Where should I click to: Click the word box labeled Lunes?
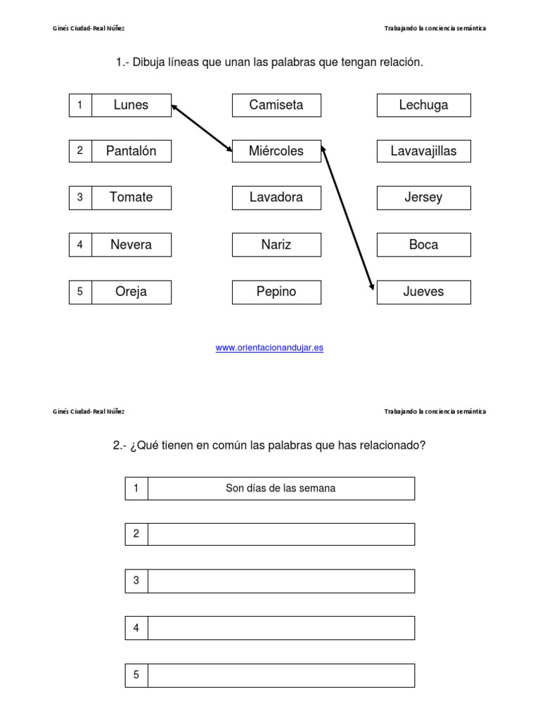pyautogui.click(x=131, y=105)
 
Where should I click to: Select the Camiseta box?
pyautogui.click(x=276, y=105)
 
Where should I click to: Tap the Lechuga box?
pyautogui.click(x=423, y=105)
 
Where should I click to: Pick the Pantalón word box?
pyautogui.click(x=131, y=151)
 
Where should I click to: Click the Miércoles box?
pyautogui.click(x=276, y=151)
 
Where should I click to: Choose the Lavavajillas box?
pyautogui.click(x=423, y=151)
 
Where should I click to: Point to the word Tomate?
pyautogui.click(x=131, y=198)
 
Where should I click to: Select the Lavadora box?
pyautogui.click(x=276, y=198)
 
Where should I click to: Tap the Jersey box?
pyautogui.click(x=423, y=198)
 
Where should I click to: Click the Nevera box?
pyautogui.click(x=131, y=245)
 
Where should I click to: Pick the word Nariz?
pyautogui.click(x=276, y=245)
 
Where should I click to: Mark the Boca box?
pyautogui.click(x=423, y=245)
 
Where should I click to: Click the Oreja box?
pyautogui.click(x=131, y=292)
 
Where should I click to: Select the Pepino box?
pyautogui.click(x=276, y=292)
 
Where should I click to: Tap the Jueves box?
pyautogui.click(x=423, y=292)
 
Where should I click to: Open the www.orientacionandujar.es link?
pyautogui.click(x=269, y=347)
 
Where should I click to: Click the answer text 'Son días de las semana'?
pyautogui.click(x=281, y=488)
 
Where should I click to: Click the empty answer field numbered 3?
pyautogui.click(x=281, y=581)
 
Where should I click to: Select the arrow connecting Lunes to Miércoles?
pyautogui.click(x=202, y=128)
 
